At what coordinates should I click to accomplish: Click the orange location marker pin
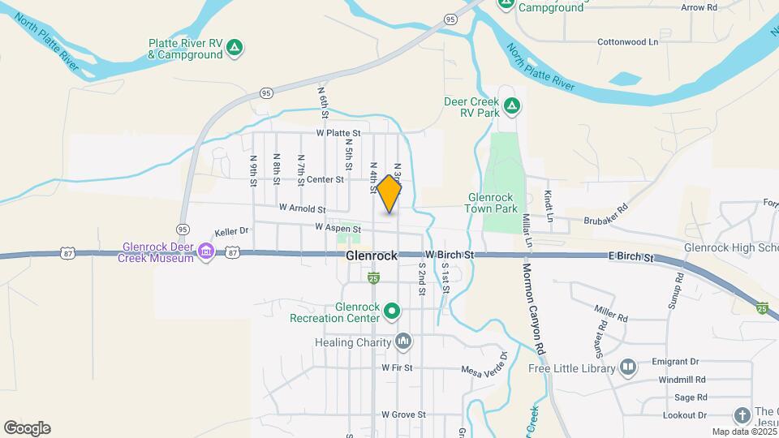389,194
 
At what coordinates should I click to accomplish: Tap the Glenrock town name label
372,255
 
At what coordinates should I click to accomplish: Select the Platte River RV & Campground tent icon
234,49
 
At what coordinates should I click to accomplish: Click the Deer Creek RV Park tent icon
511,106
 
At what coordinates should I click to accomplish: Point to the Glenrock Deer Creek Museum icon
206,252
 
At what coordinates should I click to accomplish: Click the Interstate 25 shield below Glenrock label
373,278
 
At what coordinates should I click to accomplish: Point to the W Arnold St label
302,208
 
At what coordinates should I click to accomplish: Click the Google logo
27,427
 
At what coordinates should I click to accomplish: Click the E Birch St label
631,257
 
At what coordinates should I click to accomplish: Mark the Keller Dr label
231,231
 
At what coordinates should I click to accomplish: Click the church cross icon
742,415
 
